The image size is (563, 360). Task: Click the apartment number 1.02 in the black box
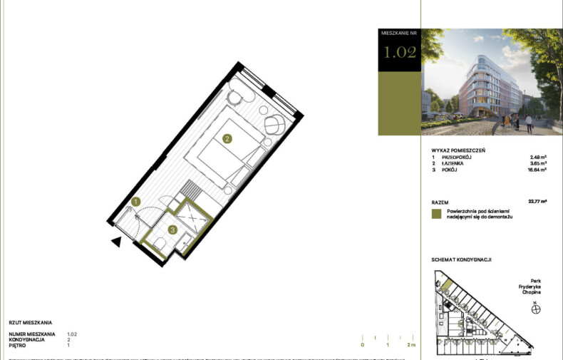click(399, 53)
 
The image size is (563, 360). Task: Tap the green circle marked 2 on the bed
click(227, 139)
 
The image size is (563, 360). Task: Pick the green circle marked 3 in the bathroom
click(173, 230)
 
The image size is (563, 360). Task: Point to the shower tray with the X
click(193, 217)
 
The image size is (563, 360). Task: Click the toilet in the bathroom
click(160, 245)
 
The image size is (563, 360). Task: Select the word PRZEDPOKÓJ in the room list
click(457, 158)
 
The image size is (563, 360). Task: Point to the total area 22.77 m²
click(537, 202)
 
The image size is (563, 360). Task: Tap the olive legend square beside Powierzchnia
click(437, 213)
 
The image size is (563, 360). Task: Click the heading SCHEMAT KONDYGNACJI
click(462, 259)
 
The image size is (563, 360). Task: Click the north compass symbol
click(536, 309)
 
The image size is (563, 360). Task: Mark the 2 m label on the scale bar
click(411, 344)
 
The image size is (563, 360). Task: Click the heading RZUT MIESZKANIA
click(31, 323)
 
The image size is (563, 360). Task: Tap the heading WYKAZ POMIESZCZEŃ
click(458, 150)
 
